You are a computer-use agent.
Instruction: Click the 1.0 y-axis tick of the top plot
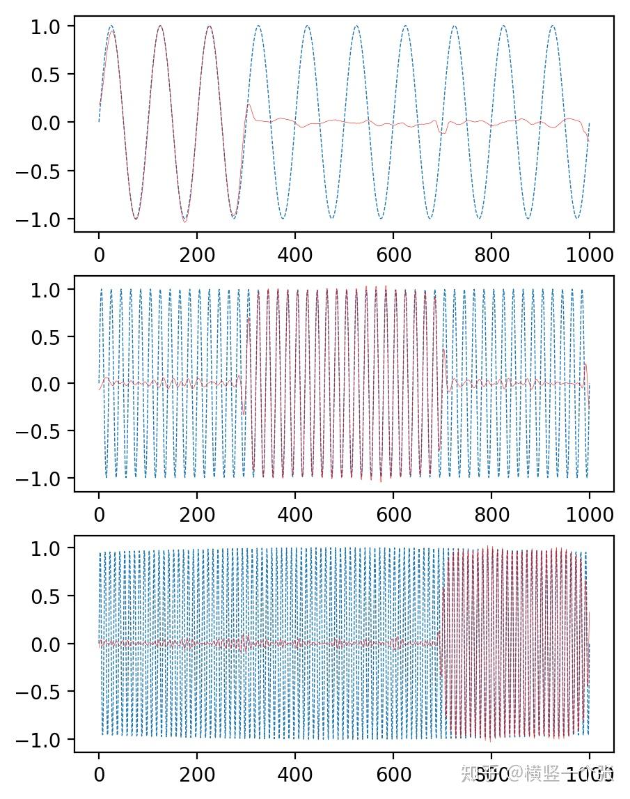pos(54,26)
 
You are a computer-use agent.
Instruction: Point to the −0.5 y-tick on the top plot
pos(49,171)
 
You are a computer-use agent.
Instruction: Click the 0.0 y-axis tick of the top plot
pos(54,123)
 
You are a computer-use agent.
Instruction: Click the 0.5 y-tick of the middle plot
pos(54,336)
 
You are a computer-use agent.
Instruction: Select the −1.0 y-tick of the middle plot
pos(49,479)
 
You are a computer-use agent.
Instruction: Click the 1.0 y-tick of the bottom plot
pos(54,548)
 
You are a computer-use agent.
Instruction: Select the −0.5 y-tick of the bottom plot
pos(49,692)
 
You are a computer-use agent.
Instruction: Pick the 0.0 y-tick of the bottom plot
pos(54,644)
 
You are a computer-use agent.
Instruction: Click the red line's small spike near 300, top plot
pos(248,105)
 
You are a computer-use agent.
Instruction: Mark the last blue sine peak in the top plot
pos(553,26)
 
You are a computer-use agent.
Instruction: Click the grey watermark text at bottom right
pos(529,773)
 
